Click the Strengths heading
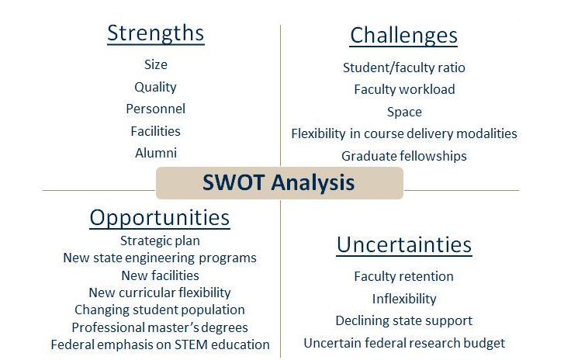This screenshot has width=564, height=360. click(156, 33)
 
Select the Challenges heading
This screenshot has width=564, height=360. click(403, 36)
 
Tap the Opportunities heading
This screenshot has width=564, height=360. click(160, 218)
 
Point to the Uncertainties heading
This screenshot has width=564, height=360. click(404, 244)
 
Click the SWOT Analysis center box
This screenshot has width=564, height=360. click(279, 182)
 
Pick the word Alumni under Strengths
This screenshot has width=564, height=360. click(156, 153)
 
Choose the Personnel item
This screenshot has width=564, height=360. click(155, 109)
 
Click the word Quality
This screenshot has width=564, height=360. click(155, 87)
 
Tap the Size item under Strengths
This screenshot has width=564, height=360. click(156, 64)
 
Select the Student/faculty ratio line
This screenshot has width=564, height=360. click(404, 67)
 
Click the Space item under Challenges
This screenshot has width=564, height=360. click(404, 112)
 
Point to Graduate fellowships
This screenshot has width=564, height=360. click(404, 156)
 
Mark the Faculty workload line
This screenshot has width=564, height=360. click(404, 89)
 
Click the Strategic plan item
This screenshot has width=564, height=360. click(160, 241)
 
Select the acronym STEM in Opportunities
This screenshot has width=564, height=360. click(191, 344)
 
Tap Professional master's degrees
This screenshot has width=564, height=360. click(160, 327)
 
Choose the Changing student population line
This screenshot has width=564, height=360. click(160, 310)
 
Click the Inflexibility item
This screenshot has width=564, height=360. click(404, 299)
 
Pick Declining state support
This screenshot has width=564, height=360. click(404, 320)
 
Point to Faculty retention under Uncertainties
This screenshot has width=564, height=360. click(403, 276)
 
